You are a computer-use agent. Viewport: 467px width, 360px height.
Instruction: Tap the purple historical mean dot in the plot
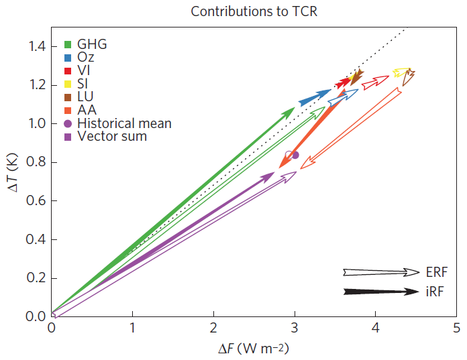(x=295, y=155)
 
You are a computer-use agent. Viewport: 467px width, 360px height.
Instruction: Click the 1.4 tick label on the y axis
(x=34, y=46)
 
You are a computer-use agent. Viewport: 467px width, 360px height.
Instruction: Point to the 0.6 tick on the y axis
(x=34, y=201)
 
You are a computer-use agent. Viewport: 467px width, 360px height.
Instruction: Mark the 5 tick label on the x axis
(x=456, y=328)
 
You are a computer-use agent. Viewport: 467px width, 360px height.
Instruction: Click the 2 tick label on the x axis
(x=213, y=328)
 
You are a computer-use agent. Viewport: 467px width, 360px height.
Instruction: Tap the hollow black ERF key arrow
(x=381, y=272)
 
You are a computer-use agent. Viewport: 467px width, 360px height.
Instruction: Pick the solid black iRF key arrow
(x=381, y=292)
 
